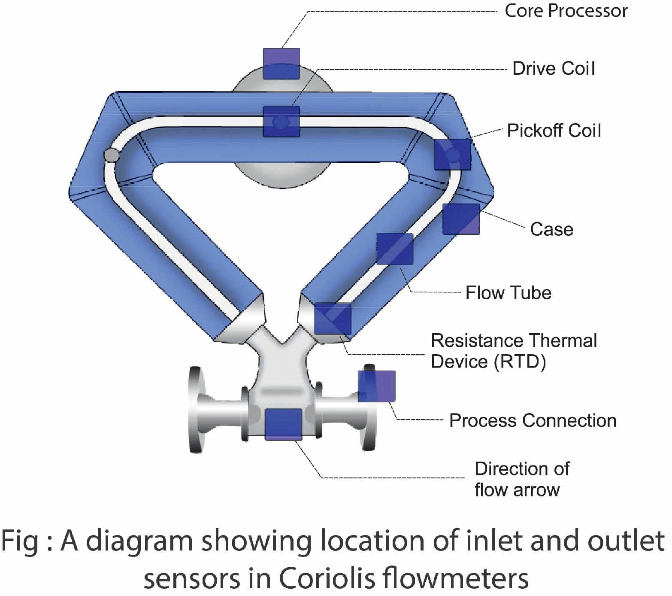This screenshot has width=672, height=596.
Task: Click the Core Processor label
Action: click(x=566, y=11)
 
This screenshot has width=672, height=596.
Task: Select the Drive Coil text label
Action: click(x=554, y=69)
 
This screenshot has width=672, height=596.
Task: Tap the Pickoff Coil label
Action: click(x=554, y=131)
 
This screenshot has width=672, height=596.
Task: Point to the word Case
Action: click(x=551, y=229)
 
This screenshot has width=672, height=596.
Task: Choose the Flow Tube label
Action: click(x=509, y=293)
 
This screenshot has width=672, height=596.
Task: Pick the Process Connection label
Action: click(x=533, y=421)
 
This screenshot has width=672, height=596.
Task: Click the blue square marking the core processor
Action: click(x=281, y=64)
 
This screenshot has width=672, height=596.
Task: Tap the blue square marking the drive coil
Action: click(x=281, y=122)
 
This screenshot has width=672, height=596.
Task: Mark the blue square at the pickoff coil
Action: click(x=452, y=155)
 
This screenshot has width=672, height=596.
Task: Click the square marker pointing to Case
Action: click(x=461, y=219)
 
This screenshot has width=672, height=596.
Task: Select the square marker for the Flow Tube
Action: click(x=395, y=249)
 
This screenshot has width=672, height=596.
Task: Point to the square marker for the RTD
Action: click(x=333, y=318)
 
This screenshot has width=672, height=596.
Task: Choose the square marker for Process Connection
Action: click(x=377, y=386)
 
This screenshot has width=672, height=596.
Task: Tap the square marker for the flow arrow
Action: click(x=283, y=424)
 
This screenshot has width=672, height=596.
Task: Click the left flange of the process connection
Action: click(x=196, y=409)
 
